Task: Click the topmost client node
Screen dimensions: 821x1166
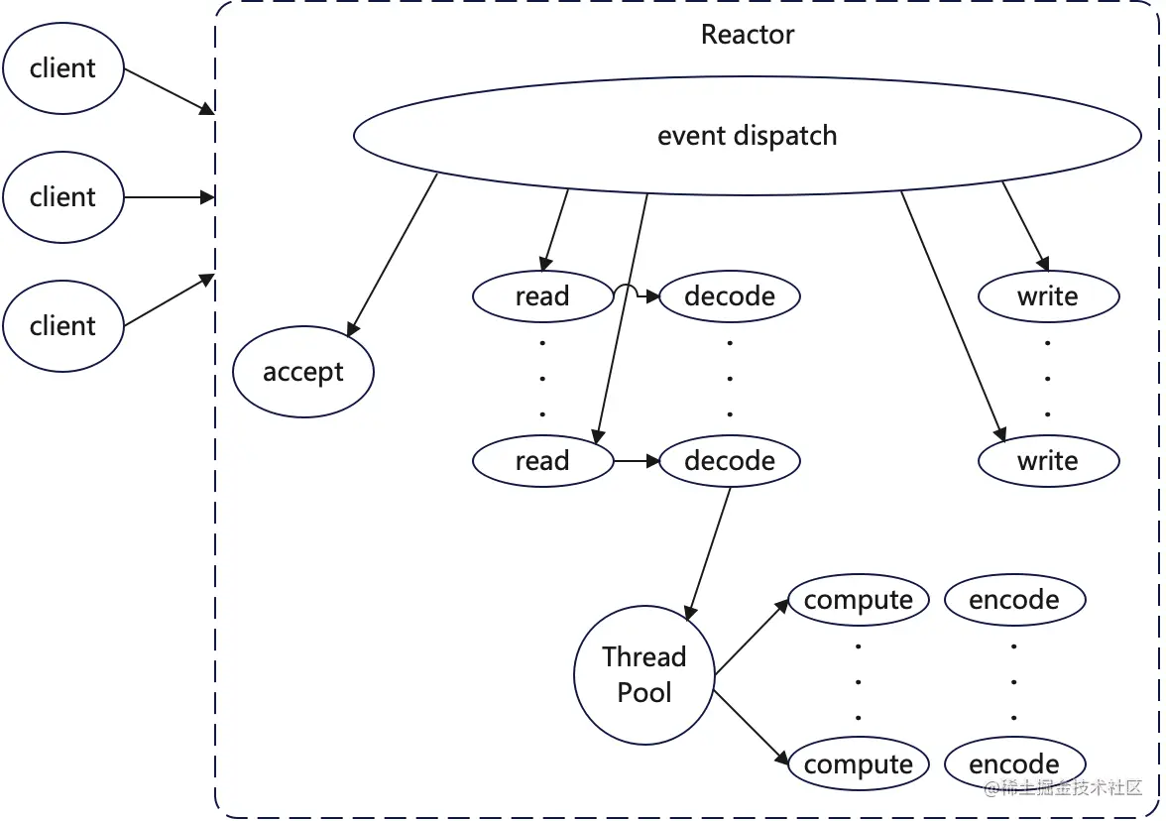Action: pos(63,68)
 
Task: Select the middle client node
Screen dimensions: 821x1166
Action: pos(63,197)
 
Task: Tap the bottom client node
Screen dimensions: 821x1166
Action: pos(63,326)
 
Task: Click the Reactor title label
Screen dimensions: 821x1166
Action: pos(748,35)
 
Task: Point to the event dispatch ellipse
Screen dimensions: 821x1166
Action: pos(748,136)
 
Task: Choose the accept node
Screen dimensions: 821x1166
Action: pos(303,373)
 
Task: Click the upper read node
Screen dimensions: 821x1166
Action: pos(542,296)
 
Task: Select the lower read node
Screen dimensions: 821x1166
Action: pos(542,461)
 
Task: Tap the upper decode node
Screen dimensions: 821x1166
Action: pos(730,296)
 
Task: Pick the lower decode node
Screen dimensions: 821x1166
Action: pos(730,461)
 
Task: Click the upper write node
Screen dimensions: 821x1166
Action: pos(1048,296)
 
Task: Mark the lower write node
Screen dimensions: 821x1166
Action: pos(1048,461)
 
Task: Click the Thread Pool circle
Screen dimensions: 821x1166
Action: pos(644,675)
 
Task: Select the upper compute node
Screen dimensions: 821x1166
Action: pos(859,600)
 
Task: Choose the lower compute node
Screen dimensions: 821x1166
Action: pos(859,764)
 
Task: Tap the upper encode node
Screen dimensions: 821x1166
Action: pos(1014,600)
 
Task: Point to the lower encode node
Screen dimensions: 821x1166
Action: pos(1014,764)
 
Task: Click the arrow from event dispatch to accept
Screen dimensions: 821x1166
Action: pos(394,253)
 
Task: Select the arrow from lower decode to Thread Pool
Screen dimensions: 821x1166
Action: pos(709,549)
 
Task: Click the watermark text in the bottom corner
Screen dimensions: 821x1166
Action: pos(1063,788)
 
